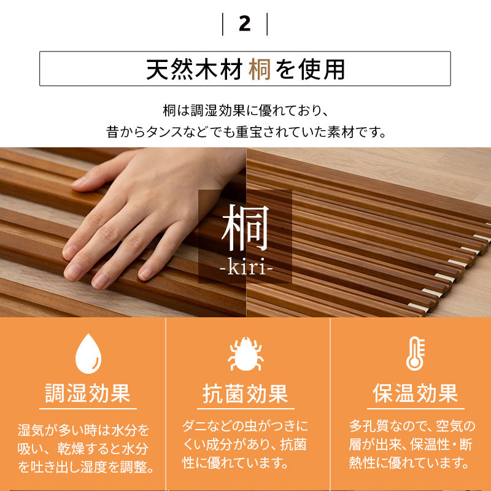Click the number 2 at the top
pos(245,24)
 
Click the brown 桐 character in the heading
pos(260,69)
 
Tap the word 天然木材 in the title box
pos(195,69)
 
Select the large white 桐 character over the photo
pos(245,229)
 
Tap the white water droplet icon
pos(87,354)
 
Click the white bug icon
pos(245,354)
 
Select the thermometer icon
pos(415,354)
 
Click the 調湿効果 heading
pos(87,393)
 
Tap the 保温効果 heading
pos(416,393)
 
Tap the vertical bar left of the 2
pos(223,24)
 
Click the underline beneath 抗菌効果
pos(245,409)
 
